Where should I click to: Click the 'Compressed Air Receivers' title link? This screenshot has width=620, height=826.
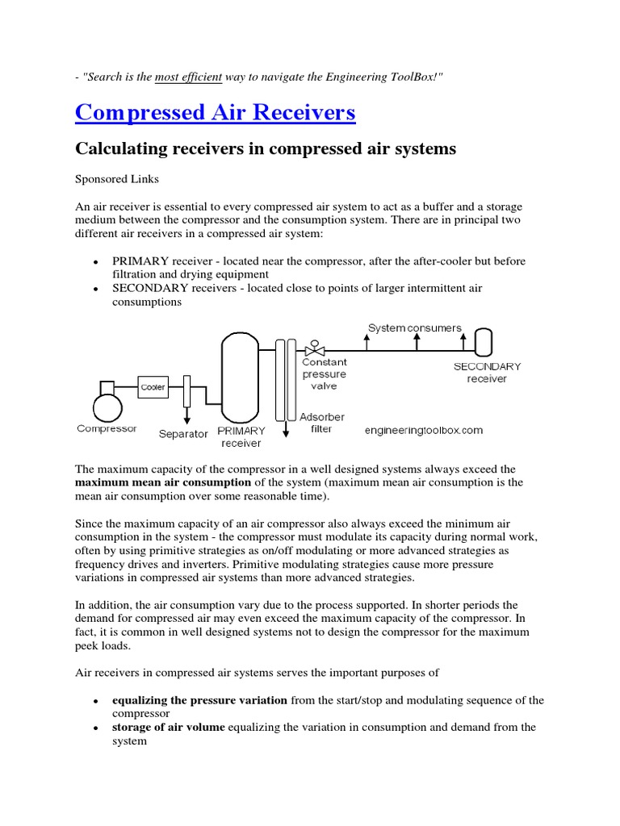coord(215,112)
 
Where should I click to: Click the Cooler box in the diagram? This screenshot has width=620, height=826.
coord(153,387)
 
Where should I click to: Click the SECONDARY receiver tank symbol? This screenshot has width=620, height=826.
coord(484,342)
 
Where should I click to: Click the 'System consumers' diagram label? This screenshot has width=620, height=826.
coord(415,328)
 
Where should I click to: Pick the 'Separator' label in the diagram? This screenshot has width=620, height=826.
coord(183,434)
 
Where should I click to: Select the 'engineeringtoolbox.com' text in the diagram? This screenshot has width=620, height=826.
coord(424,430)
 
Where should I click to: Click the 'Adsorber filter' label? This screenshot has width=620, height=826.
coord(322,423)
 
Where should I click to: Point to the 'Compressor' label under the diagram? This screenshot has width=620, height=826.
coord(107,429)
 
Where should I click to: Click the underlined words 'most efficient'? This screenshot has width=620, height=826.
coord(189,76)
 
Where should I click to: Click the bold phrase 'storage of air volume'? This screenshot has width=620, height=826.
coord(170,727)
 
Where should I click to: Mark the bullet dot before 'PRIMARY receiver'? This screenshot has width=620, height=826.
coord(96,263)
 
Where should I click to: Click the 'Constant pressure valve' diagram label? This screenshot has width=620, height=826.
coord(324,374)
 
